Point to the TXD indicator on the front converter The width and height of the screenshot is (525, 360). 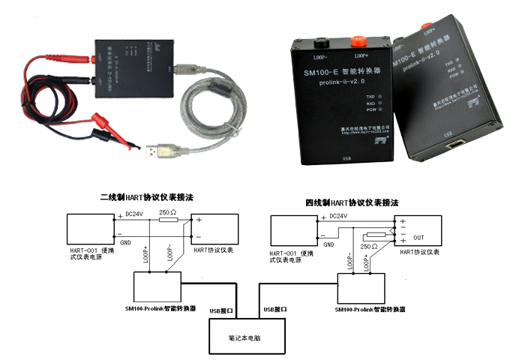coord(380,97)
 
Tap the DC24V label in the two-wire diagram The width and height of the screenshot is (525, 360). coord(136,214)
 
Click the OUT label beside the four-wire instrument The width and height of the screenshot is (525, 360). coord(418,237)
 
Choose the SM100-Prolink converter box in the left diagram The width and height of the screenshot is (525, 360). coord(157,286)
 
